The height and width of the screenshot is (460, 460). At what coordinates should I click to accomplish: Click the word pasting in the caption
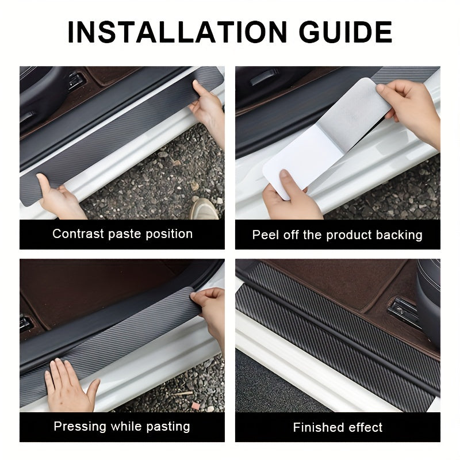(166, 427)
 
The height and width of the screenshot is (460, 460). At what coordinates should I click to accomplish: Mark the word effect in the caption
(365, 427)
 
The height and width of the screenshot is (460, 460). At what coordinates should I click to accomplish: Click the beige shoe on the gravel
(204, 208)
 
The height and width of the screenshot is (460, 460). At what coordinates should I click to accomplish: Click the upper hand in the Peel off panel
(411, 106)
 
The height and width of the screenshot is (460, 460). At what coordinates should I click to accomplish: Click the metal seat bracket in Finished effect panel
(402, 310)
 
